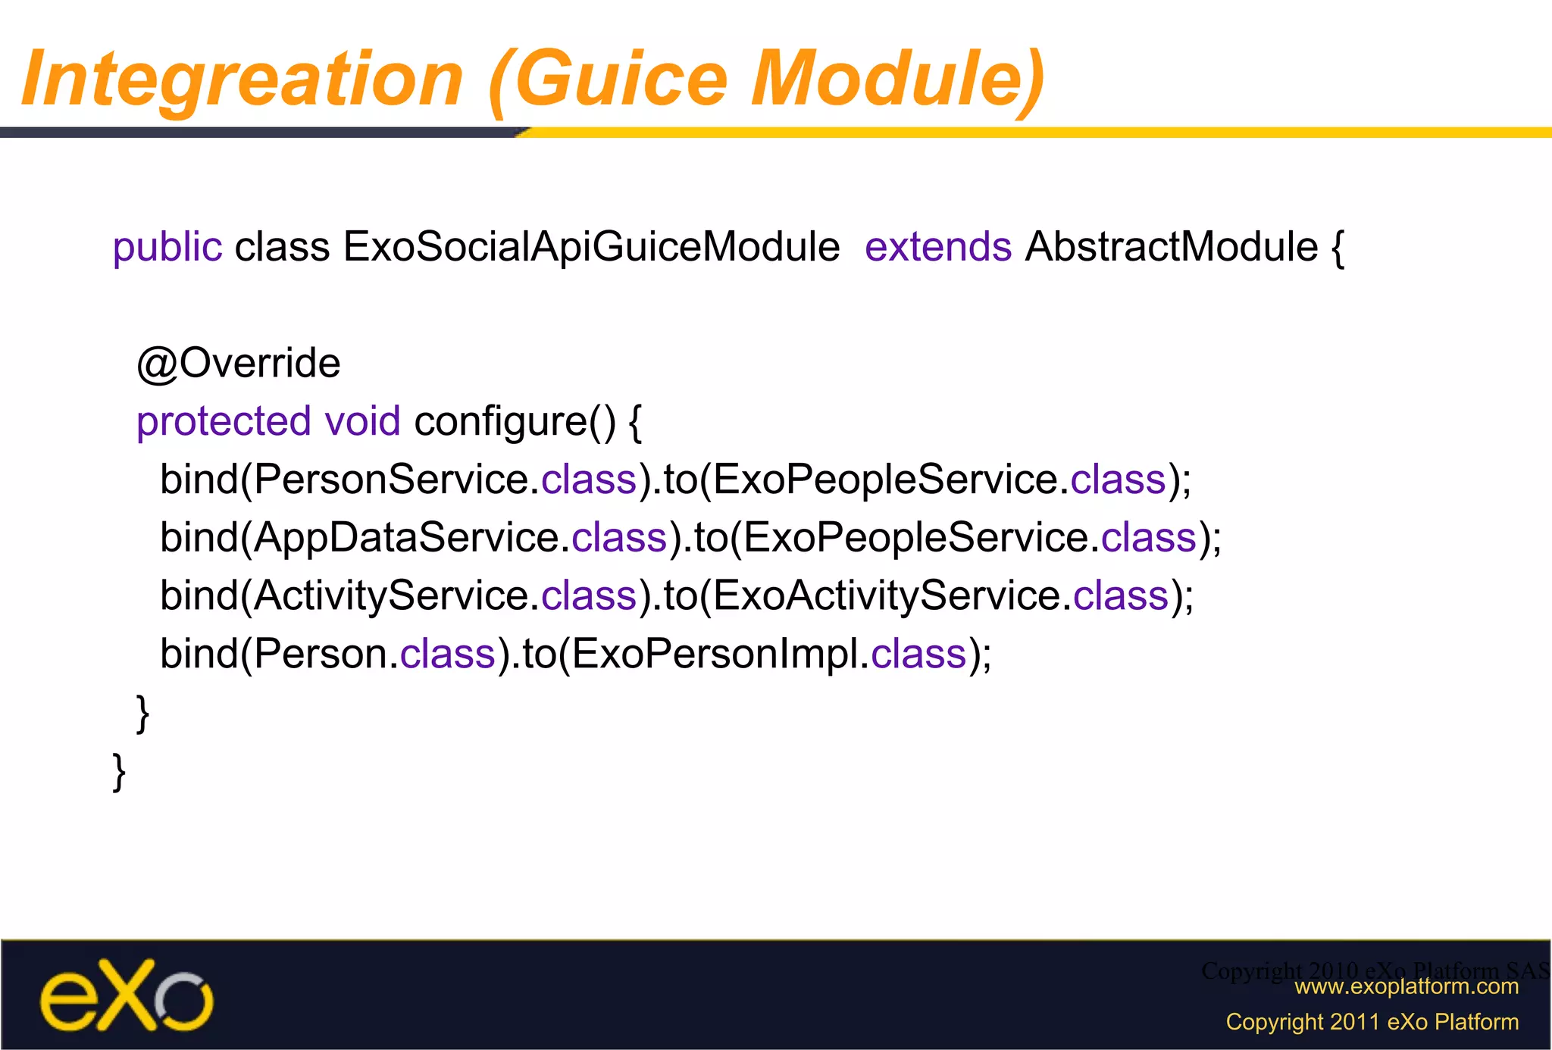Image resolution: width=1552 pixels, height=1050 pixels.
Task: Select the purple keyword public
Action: tap(167, 248)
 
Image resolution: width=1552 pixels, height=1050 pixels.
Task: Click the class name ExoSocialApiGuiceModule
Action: tap(591, 248)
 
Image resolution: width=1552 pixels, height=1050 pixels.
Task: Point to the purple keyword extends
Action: tap(937, 248)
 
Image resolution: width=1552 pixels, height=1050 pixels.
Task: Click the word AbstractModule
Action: tap(1171, 248)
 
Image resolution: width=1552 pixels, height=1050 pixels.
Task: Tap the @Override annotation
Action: tap(238, 364)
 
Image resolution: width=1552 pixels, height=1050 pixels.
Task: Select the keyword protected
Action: tap(224, 422)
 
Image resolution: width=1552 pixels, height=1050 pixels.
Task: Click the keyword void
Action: tap(362, 422)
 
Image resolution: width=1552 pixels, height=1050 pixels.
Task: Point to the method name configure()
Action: tap(515, 422)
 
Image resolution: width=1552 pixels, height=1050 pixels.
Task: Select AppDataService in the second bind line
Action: tap(405, 538)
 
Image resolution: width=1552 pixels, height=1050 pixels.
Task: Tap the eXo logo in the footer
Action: tap(127, 996)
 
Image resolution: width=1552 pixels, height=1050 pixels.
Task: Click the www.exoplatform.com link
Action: tap(1406, 986)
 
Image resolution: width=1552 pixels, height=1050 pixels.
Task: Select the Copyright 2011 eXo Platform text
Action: tap(1372, 1022)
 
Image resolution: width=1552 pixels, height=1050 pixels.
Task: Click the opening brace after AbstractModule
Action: tap(1338, 248)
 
